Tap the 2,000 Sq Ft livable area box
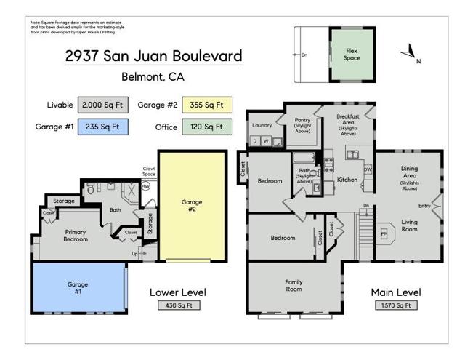(x=102, y=105)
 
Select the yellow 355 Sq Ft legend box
(x=207, y=105)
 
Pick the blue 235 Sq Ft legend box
(x=102, y=127)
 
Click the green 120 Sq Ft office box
(x=207, y=127)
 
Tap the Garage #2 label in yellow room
(x=192, y=206)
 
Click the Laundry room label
(x=262, y=125)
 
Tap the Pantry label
(x=303, y=124)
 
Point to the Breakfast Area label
(x=348, y=124)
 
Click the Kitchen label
(x=347, y=180)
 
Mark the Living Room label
(x=409, y=226)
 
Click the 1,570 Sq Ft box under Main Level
(x=396, y=305)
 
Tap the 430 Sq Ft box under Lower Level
(x=177, y=305)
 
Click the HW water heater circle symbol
(x=146, y=187)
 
